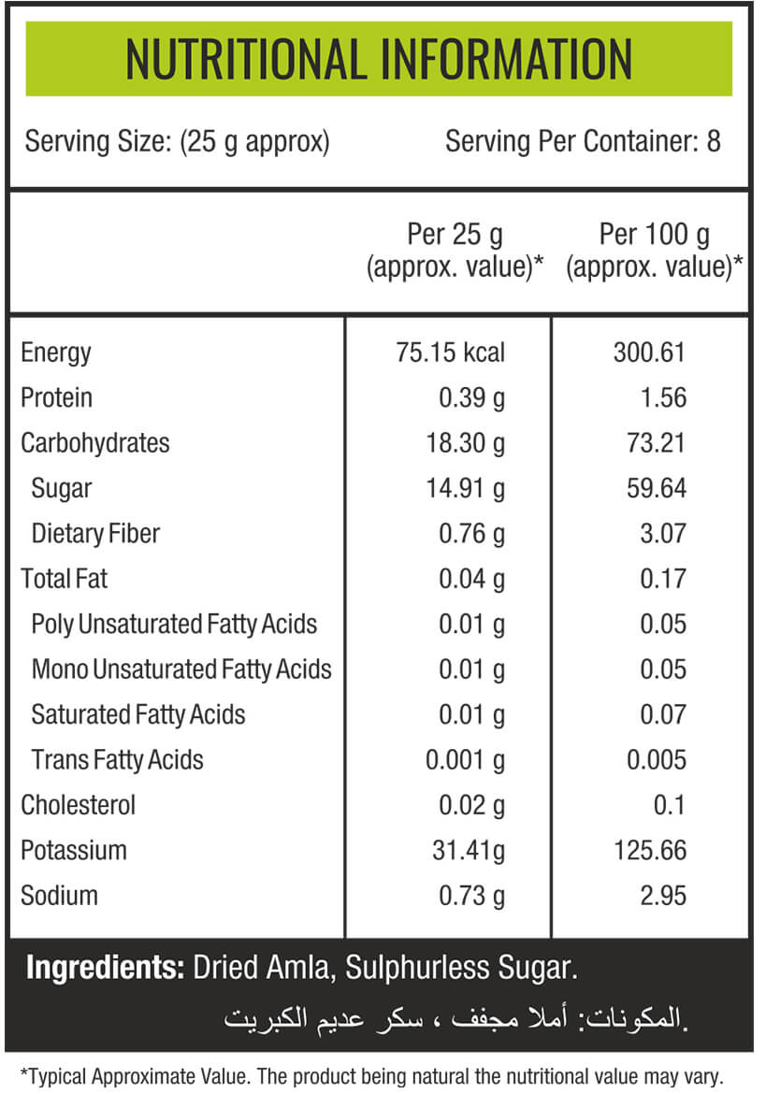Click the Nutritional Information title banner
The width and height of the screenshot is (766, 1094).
[x=379, y=59]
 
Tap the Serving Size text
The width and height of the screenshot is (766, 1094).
[x=177, y=141]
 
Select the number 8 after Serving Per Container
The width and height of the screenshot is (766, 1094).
[x=713, y=141]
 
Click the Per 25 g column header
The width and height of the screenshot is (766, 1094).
[x=455, y=251]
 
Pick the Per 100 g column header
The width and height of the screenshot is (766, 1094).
[x=655, y=251]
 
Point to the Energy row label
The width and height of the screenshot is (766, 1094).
[x=56, y=353]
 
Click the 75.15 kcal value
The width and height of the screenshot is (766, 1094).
[x=450, y=353]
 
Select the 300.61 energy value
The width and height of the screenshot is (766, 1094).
[x=649, y=353]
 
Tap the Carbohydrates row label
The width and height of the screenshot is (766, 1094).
[x=94, y=443]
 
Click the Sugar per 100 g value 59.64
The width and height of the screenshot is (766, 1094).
[x=657, y=488]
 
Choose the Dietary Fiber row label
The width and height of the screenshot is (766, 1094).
[x=95, y=534]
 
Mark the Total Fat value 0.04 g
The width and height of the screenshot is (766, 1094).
[x=471, y=579]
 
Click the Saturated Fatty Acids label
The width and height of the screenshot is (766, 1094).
[x=138, y=714]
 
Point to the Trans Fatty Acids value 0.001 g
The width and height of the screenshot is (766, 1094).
[x=466, y=760]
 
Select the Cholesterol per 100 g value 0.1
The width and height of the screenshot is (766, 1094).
[x=670, y=805]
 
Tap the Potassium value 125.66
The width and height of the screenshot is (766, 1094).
[x=650, y=851]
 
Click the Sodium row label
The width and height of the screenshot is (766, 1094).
[x=59, y=896]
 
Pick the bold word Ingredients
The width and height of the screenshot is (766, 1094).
[x=106, y=969]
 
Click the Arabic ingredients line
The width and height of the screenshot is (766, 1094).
[x=456, y=1018]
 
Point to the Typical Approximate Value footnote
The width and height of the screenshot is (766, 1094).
[x=371, y=1076]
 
